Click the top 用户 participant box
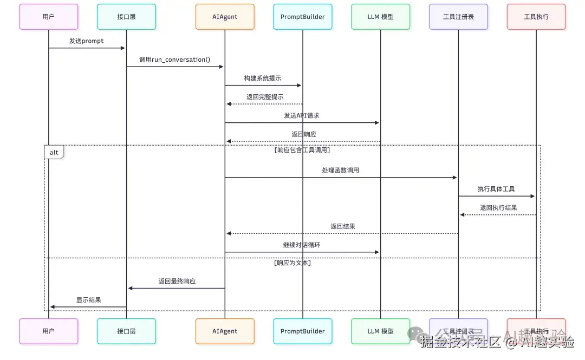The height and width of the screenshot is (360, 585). click(49, 17)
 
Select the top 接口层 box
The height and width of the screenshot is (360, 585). click(126, 17)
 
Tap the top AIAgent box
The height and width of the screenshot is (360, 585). click(225, 17)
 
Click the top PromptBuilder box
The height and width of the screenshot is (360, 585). click(302, 17)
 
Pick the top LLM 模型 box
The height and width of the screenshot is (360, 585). click(380, 17)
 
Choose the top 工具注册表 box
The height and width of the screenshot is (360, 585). click(458, 17)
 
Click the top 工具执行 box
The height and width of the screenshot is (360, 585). click(536, 17)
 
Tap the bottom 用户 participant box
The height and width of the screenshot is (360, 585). click(49, 331)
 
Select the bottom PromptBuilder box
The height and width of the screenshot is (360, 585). click(302, 331)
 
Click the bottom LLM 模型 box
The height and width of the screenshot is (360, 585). click(380, 331)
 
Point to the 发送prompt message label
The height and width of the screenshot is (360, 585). click(86, 41)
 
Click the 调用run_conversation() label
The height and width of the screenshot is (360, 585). click(175, 60)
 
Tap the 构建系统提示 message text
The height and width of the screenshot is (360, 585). click(263, 78)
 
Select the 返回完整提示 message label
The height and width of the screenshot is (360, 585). click(265, 97)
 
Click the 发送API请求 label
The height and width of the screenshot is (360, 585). click(303, 116)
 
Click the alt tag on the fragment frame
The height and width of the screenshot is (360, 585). click(54, 153)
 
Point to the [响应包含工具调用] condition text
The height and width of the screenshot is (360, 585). click(302, 150)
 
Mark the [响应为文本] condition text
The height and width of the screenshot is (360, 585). click(292, 263)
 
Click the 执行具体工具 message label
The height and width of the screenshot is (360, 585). click(496, 189)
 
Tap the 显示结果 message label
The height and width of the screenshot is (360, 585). click(88, 300)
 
